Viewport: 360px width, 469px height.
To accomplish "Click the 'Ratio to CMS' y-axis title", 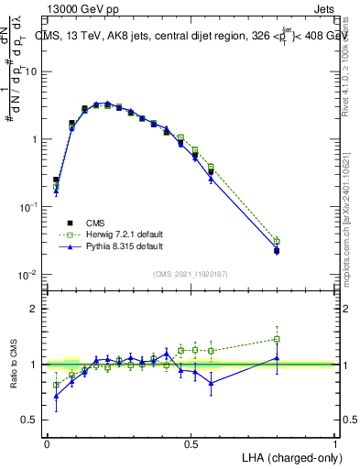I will click(x=16, y=365).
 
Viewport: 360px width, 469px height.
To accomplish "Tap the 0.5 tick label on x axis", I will click(x=191, y=444).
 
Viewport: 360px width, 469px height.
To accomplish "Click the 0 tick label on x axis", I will click(x=47, y=444).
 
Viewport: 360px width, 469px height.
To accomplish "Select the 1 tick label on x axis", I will click(x=335, y=444).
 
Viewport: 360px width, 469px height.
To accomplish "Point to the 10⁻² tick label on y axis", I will click(x=28, y=275).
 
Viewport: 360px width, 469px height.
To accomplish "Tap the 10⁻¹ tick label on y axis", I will click(x=28, y=207).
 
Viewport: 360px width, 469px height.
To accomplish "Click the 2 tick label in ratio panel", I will click(x=36, y=310).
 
